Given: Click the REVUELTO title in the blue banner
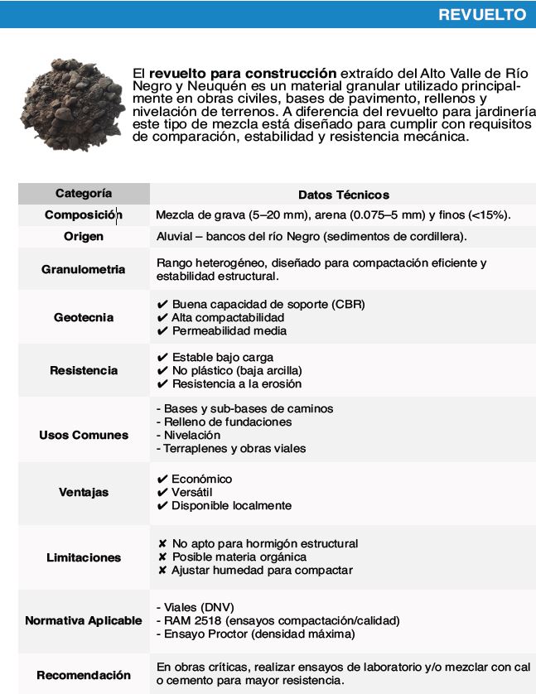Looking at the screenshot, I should pyautogui.click(x=481, y=15).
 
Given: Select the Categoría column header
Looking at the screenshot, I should pyautogui.click(x=84, y=194).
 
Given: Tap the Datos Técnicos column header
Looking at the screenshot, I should pyautogui.click(x=343, y=195).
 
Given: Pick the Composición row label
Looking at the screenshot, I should pyautogui.click(x=83, y=215).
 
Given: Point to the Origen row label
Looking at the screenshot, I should pyautogui.click(x=84, y=237).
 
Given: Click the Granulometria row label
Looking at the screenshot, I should pyautogui.click(x=84, y=269).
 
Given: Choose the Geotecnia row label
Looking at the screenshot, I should pyautogui.click(x=84, y=317).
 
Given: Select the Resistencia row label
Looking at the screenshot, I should pyautogui.click(x=84, y=370).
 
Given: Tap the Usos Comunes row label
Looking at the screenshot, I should pyautogui.click(x=84, y=435).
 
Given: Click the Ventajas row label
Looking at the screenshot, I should pyautogui.click(x=84, y=492).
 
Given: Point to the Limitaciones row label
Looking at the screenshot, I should pyautogui.click(x=84, y=557).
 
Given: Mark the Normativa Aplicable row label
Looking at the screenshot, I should pyautogui.click(x=84, y=620).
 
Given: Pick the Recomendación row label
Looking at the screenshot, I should pyautogui.click(x=84, y=674).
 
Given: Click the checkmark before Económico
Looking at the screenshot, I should pyautogui.click(x=162, y=479).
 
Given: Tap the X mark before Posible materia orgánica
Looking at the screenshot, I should pyautogui.click(x=162, y=557).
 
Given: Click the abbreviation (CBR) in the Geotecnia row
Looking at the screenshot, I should pyautogui.click(x=346, y=304).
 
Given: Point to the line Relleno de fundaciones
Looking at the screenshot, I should pyautogui.click(x=224, y=422).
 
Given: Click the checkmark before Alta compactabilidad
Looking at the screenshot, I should pyautogui.click(x=162, y=317).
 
